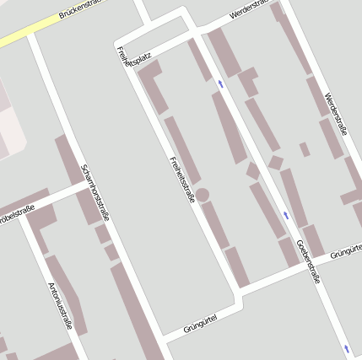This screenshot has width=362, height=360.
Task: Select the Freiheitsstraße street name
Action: click(x=182, y=180)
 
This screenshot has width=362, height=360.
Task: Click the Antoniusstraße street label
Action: click(x=61, y=305)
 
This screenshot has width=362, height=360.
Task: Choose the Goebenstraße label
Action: click(x=308, y=262)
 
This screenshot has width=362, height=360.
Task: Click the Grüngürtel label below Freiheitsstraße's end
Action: click(x=200, y=321)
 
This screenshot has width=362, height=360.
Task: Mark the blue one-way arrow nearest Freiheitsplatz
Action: click(x=221, y=83)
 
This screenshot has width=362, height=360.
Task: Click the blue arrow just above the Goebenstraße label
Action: click(x=286, y=216)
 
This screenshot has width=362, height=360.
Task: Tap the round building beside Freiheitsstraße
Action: click(x=203, y=195)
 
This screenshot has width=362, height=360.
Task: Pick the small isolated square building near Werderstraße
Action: click(x=304, y=149)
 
